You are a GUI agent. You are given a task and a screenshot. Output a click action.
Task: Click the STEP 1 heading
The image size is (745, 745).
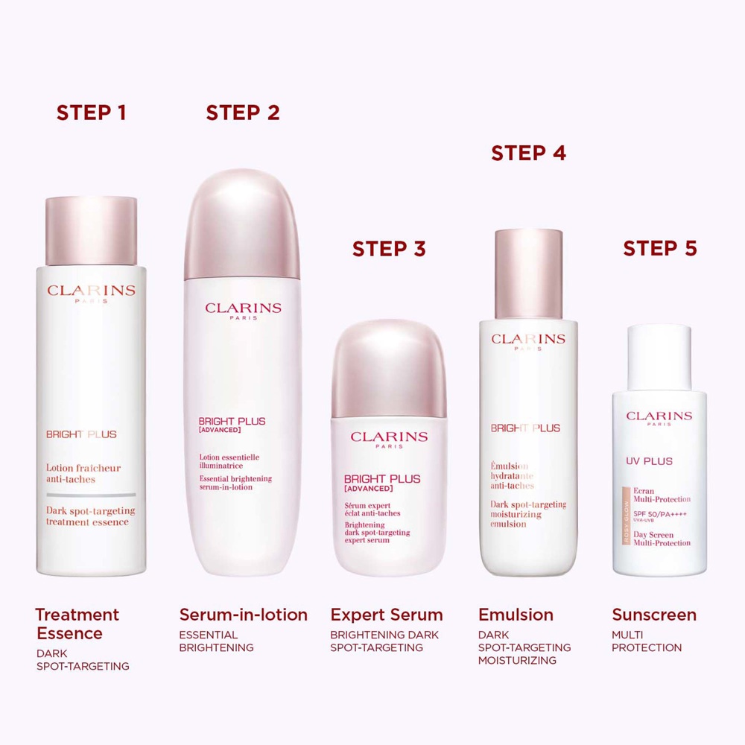click(91, 112)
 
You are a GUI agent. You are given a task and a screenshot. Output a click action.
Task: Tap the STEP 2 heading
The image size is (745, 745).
click(243, 112)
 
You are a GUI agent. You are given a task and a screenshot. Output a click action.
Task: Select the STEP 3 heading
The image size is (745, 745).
click(389, 249)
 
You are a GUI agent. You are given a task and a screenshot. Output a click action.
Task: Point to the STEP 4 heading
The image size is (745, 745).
click(528, 153)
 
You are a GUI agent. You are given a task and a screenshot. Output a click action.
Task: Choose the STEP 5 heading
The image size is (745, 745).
click(660, 249)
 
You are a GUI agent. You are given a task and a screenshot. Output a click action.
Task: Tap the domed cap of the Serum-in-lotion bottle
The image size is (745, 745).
click(243, 223)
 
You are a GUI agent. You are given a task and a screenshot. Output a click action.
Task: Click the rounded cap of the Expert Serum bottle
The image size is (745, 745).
click(389, 365)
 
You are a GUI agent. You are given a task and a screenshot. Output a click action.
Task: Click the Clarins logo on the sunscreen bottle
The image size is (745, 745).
click(659, 416)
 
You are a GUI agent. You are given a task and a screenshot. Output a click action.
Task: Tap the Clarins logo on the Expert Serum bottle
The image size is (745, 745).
click(389, 437)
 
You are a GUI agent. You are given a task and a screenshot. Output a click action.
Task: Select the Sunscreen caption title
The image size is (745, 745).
click(654, 615)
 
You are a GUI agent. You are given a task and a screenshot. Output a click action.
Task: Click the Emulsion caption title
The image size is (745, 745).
click(516, 615)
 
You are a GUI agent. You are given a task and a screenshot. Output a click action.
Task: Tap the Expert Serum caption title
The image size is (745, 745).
click(387, 615)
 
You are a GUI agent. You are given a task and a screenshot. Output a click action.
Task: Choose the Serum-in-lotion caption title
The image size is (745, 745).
click(244, 615)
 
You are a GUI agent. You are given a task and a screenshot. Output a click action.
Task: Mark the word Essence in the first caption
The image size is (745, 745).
click(69, 634)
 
